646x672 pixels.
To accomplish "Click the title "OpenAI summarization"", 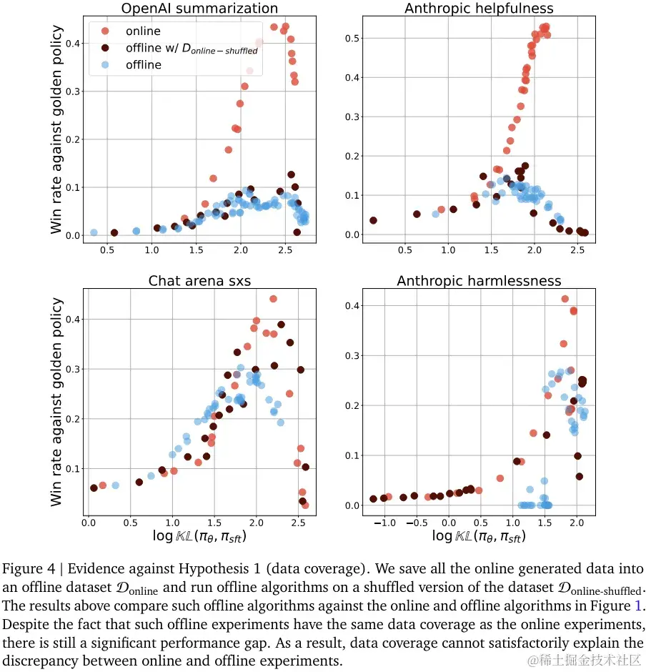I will point(199,9).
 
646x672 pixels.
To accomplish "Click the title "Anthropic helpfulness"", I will point(479,9).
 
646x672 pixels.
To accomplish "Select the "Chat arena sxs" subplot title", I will point(199,281).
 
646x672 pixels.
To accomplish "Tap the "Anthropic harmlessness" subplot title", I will point(479,281).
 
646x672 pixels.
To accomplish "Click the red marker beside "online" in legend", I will point(106,31).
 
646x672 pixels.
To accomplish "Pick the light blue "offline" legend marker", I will point(106,65).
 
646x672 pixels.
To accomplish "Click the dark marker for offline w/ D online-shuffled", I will point(106,48).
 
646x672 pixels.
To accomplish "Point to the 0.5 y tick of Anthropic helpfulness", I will point(352,38).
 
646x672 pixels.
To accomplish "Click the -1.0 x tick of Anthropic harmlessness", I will point(384,523).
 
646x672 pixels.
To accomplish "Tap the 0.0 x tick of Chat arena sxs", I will point(89,523).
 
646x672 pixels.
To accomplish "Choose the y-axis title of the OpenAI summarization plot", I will point(57,130).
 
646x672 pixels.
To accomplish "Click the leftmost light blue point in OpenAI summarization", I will point(94,232).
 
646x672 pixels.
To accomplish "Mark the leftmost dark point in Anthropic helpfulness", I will point(373,220).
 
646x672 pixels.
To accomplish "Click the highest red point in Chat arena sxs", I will point(272,299).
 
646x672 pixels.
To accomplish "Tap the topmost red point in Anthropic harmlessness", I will point(565,299).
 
